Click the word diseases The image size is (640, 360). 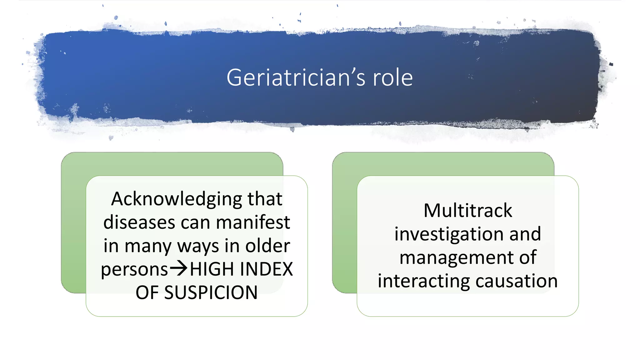[139, 222]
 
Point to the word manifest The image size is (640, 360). [253, 222]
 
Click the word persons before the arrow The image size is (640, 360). [134, 269]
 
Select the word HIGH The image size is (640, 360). [212, 269]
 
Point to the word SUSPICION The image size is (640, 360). [211, 293]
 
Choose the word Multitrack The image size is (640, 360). [468, 211]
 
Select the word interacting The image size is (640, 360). [424, 281]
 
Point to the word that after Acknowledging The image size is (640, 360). [265, 199]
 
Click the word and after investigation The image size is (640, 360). [525, 234]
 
